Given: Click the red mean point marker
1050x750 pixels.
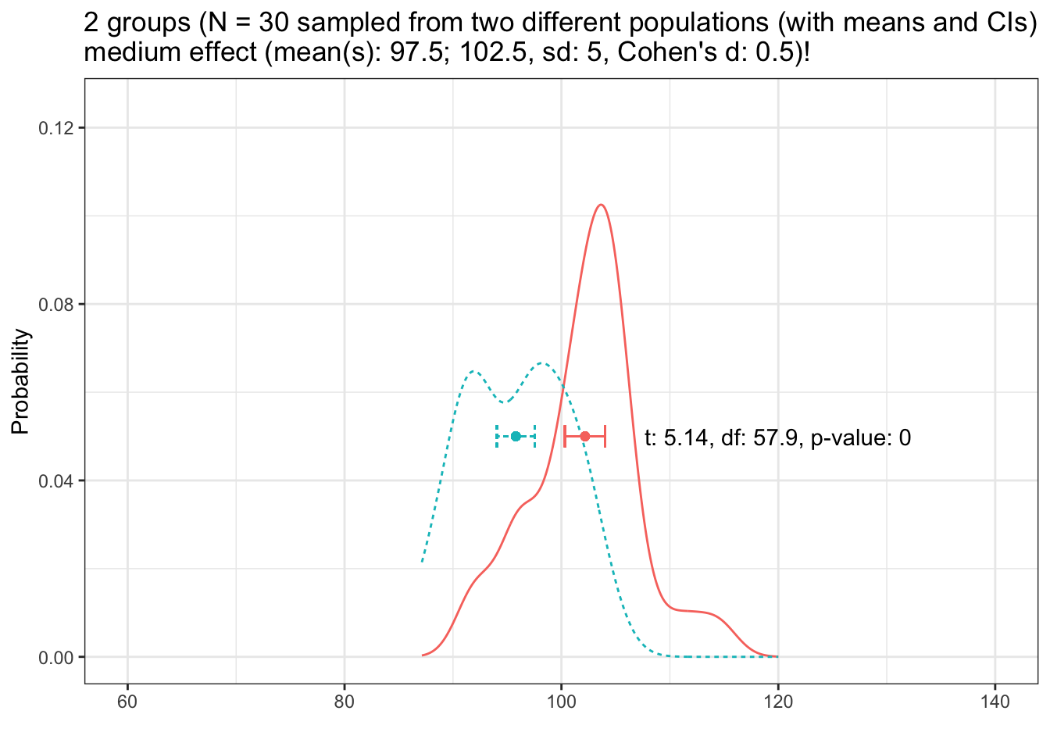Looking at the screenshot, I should [584, 436].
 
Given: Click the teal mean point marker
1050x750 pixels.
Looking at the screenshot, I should [516, 436].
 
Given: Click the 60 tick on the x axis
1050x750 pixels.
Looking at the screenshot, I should [127, 702].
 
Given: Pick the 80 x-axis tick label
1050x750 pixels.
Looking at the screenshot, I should [345, 702].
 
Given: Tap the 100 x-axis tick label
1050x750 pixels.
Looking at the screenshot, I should [561, 702].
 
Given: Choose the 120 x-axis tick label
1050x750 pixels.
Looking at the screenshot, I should [778, 702].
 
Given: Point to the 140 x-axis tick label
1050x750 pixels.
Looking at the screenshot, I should [995, 702].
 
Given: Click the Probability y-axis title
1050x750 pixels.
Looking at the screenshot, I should [21, 382].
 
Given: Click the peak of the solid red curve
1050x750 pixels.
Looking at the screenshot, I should [600, 205].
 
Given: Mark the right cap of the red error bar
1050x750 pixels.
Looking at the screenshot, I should [605, 436].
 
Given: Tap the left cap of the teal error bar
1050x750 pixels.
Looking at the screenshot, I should [497, 436].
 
